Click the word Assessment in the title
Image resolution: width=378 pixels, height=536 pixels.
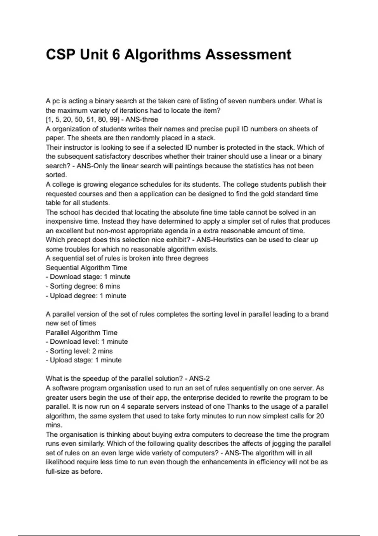pos(248,55)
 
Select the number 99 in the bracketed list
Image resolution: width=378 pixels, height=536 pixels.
pos(114,119)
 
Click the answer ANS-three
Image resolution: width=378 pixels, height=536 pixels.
pos(142,119)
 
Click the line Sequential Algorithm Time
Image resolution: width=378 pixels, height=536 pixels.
pos(86,268)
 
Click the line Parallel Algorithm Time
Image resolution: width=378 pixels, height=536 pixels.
pos(81,333)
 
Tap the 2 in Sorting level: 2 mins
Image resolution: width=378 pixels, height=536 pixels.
pos(94,351)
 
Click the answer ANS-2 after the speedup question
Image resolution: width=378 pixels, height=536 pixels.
pos(199,379)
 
